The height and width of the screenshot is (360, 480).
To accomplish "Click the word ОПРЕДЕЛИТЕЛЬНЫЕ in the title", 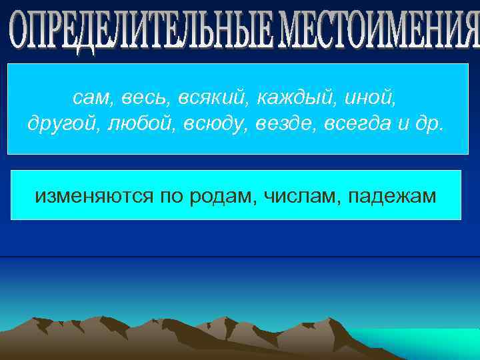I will click(141, 31).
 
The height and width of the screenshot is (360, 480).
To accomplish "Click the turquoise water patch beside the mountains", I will click(427, 343).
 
